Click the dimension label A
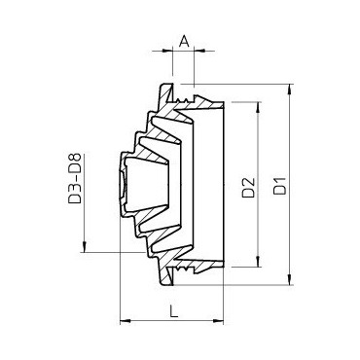184,42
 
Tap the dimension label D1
280,185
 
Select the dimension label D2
249,188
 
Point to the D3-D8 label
74,179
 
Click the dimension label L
174,311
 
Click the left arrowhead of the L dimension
126,321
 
